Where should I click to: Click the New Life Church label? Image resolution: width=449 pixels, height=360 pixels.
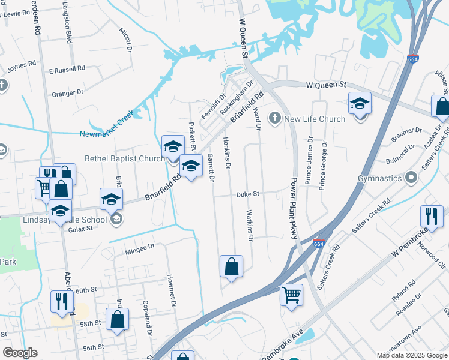click(315, 119)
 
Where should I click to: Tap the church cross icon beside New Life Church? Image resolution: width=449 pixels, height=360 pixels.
click(276, 118)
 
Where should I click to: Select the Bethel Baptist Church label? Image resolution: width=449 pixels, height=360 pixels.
click(125, 158)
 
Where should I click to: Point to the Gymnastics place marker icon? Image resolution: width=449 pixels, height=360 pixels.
click(411, 178)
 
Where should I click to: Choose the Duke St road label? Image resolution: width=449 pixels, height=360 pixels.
click(247, 194)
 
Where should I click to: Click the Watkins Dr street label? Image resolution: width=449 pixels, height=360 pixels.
click(249, 226)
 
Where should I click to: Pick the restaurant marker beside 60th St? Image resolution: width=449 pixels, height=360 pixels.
click(62, 301)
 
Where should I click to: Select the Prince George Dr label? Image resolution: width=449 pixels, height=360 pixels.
click(323, 165)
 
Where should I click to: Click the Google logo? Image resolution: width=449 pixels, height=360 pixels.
click(20, 353)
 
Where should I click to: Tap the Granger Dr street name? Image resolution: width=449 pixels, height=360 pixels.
click(68, 93)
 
